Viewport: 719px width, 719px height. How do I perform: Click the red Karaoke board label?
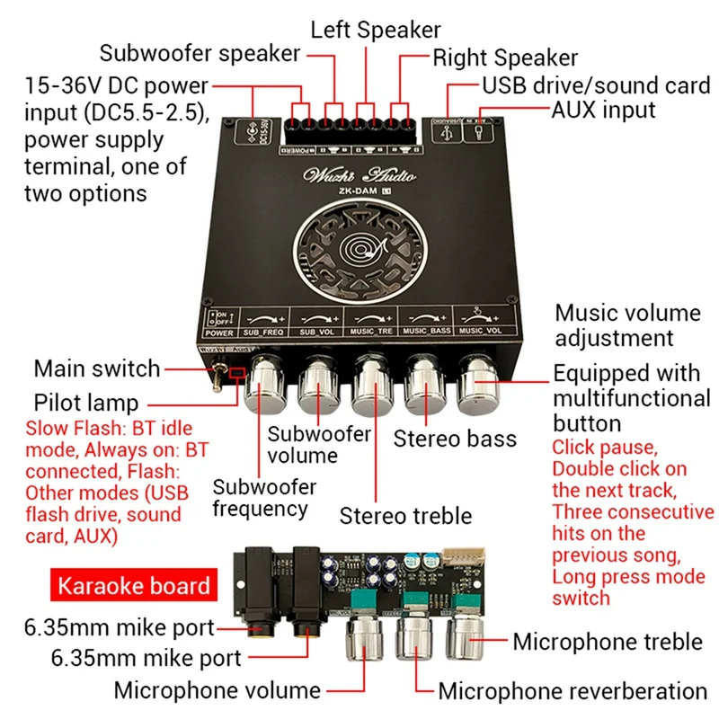click(134, 587)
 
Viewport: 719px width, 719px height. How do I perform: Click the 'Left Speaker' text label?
click(375, 29)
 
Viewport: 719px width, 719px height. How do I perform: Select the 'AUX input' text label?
click(603, 110)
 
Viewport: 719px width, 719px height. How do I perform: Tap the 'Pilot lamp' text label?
click(86, 401)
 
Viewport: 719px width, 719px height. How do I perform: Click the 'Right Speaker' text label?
click(505, 58)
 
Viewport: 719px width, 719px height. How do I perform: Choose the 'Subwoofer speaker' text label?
click(200, 53)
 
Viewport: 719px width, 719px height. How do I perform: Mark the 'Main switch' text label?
click(96, 368)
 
